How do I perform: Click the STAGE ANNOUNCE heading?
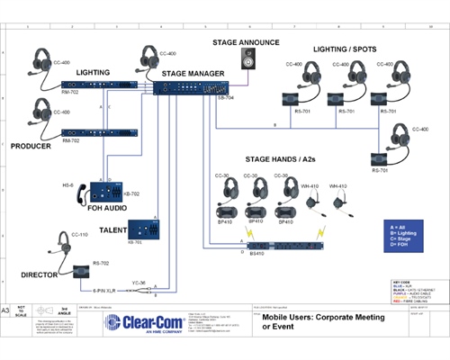(x=245, y=42)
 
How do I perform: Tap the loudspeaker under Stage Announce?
(x=247, y=59)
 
